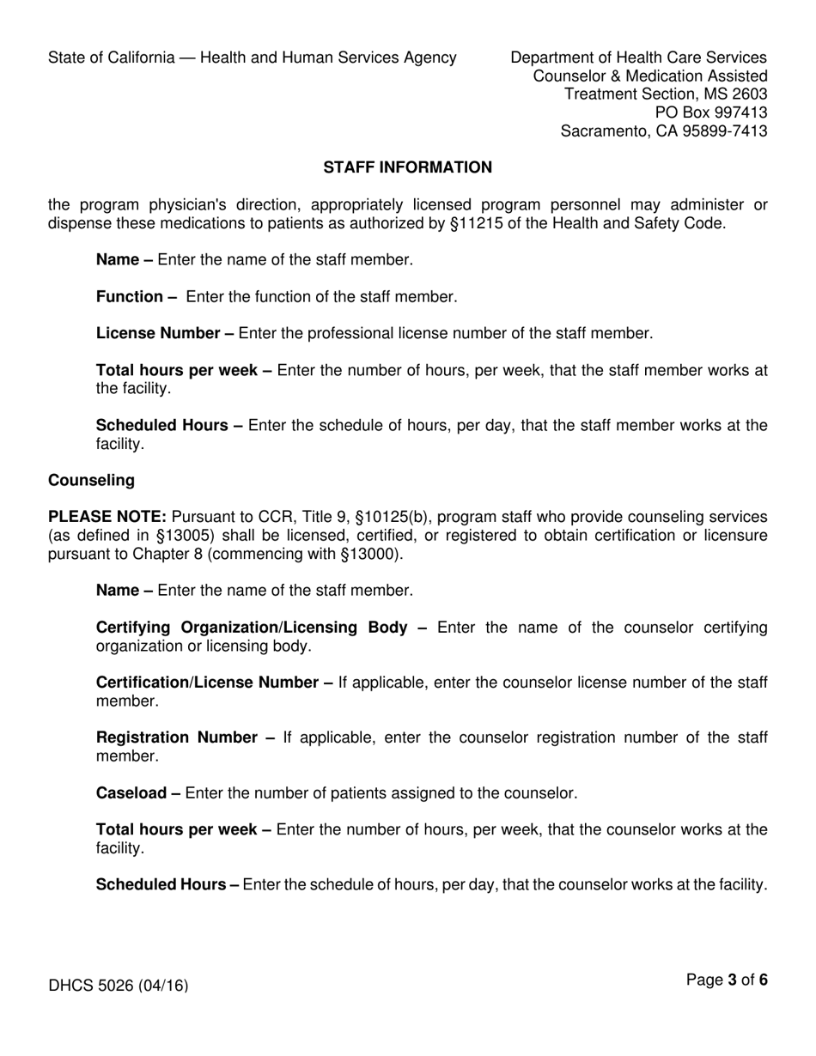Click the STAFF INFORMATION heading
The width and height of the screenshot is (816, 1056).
407,167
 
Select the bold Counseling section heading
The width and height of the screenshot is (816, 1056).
91,480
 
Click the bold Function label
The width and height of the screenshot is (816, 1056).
136,297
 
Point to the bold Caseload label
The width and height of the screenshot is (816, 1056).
137,793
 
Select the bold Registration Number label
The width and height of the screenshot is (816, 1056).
185,737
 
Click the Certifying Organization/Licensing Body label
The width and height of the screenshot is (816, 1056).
261,628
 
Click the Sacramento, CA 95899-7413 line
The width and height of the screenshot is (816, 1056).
664,131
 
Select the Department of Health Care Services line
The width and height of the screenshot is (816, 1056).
638,58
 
